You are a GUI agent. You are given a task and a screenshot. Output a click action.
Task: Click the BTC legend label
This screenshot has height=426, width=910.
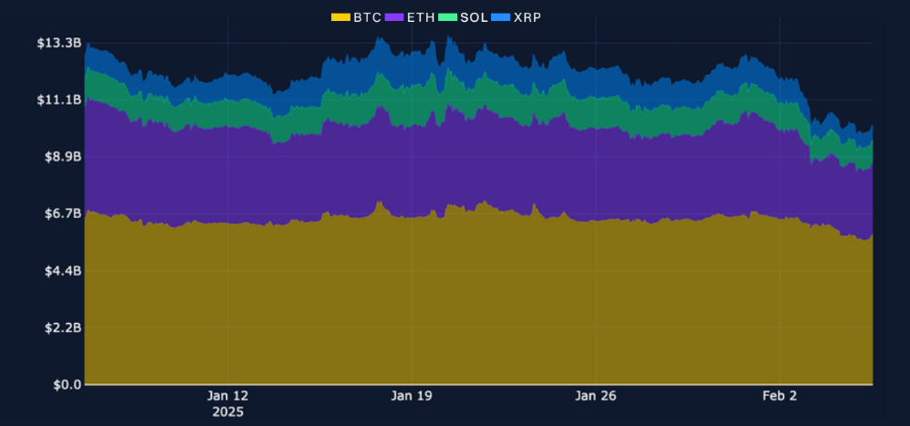click(367, 17)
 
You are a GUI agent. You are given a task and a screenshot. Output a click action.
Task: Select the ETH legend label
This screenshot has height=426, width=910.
click(421, 17)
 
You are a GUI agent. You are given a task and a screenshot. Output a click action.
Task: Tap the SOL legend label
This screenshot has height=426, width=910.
click(475, 17)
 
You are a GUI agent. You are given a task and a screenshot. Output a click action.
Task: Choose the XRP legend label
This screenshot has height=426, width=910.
click(527, 17)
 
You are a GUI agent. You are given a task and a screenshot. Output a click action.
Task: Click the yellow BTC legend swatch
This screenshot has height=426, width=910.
click(340, 17)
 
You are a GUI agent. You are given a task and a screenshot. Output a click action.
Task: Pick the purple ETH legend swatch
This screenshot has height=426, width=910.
click(394, 17)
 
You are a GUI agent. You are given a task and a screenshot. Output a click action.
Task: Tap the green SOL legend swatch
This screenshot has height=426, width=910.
click(447, 17)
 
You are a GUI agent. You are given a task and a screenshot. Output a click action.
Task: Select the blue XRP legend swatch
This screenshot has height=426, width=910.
click(500, 17)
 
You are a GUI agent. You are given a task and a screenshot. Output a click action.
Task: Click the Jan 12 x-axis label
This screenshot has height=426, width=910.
click(227, 396)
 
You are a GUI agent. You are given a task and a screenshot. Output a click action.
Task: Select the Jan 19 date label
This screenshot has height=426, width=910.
click(412, 396)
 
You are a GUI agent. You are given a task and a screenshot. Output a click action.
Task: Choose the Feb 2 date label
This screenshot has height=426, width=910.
click(779, 396)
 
